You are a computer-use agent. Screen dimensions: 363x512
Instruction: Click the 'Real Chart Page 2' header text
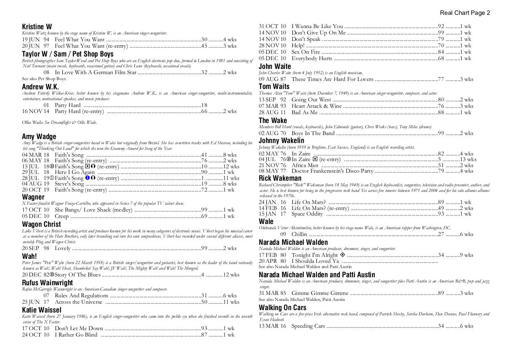[x=465, y=13]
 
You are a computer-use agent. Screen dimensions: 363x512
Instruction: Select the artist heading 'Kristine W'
[x=37, y=26]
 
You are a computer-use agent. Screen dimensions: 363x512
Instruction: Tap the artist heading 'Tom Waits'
[x=274, y=87]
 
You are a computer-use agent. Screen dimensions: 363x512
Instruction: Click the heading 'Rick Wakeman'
[x=280, y=178]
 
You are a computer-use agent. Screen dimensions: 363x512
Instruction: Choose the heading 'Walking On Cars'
[x=282, y=308]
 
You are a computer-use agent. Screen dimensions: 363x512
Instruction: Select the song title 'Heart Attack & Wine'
[x=316, y=106]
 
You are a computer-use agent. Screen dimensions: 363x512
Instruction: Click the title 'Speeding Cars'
[x=308, y=326]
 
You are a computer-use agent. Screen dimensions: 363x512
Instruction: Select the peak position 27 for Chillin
[x=441, y=234]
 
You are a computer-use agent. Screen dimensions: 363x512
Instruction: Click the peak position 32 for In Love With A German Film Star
[x=204, y=73]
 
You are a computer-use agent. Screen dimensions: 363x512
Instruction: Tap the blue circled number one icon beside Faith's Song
[x=87, y=178]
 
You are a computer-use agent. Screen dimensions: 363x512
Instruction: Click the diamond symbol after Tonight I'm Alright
[x=342, y=255]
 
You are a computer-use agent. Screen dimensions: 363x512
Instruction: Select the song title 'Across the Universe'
[x=78, y=302]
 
